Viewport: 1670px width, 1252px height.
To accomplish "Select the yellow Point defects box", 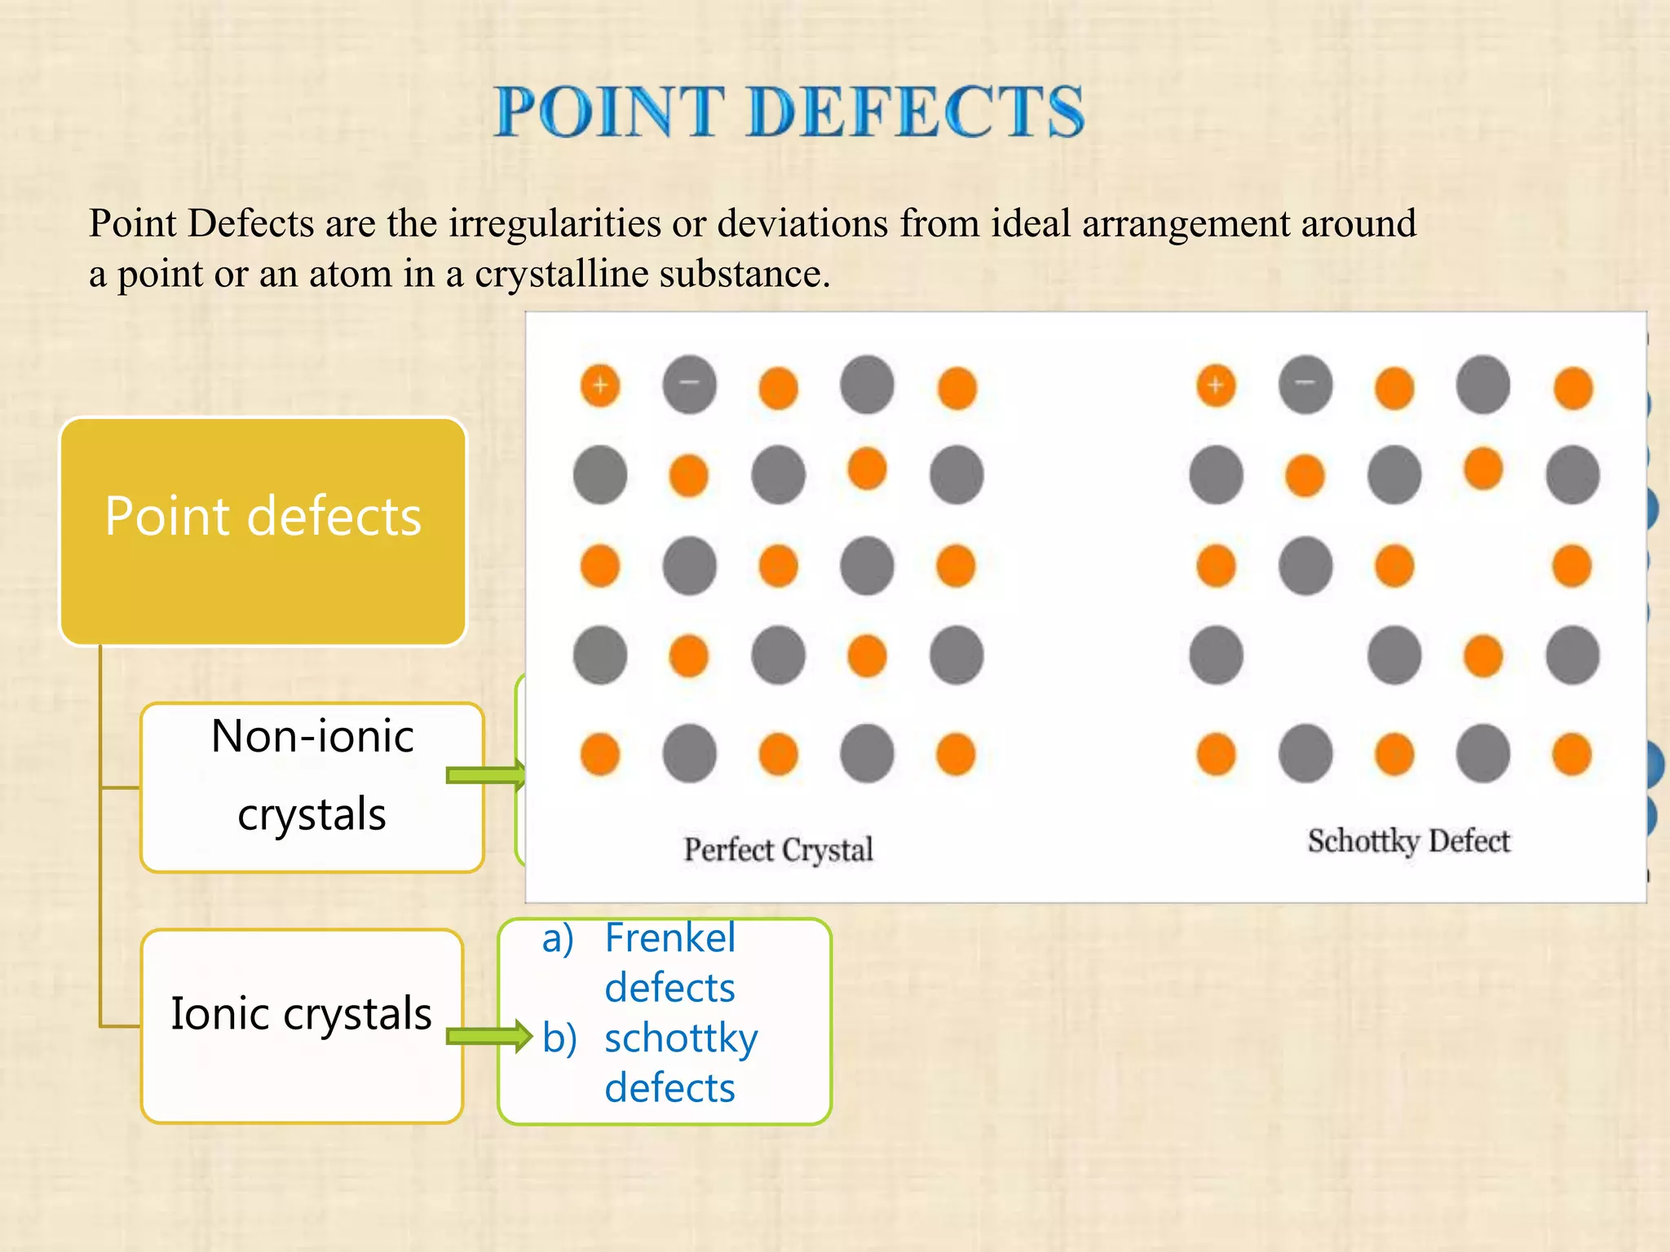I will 263,531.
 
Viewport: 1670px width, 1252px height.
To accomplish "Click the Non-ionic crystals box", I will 311,787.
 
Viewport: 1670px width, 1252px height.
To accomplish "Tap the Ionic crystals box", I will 302,1025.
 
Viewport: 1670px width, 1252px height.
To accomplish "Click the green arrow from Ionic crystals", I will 488,1036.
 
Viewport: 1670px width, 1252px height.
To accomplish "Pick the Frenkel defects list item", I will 669,963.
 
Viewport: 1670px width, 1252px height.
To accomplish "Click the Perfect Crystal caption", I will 778,850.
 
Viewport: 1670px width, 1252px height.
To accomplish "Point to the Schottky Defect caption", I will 1408,841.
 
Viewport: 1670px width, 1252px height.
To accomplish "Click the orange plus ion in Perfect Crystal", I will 600,385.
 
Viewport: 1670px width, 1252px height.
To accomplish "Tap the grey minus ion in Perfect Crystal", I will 690,385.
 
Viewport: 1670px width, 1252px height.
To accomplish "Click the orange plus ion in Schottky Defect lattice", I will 1216,385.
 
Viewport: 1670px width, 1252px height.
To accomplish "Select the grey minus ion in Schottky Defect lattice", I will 1306,385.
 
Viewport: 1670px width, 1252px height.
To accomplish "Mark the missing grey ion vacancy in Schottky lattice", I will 1483,566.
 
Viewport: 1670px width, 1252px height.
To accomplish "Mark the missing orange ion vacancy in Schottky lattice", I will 1306,655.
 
